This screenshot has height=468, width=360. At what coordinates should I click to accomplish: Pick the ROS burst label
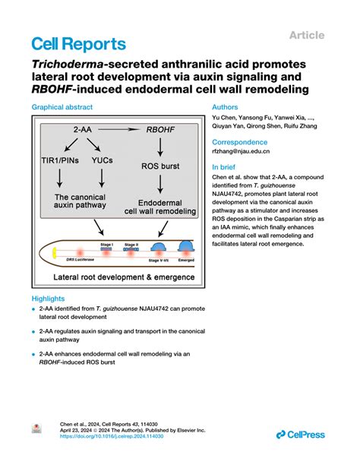(x=161, y=164)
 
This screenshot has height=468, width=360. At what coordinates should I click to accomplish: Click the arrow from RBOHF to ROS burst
(x=160, y=147)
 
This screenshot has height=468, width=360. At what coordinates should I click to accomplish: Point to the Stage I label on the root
(x=106, y=242)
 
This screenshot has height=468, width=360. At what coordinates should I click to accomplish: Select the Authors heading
(x=225, y=109)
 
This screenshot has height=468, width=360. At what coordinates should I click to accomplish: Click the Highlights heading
(x=47, y=299)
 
